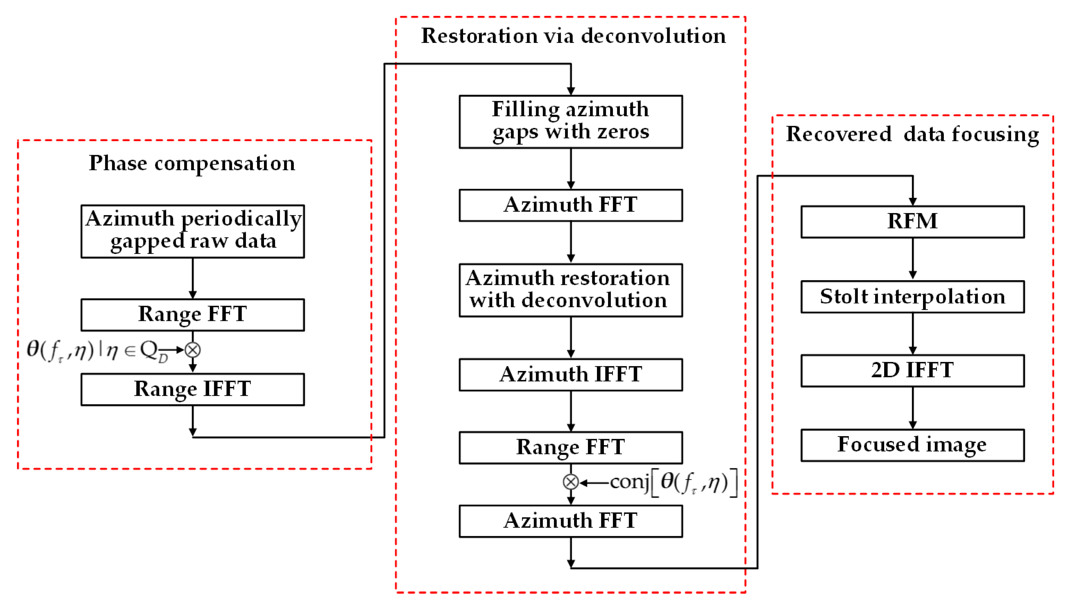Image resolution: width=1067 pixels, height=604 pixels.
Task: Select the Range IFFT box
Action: [192, 389]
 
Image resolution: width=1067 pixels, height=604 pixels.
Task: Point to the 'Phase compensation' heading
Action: [192, 163]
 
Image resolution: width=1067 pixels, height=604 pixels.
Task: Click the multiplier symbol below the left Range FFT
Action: [192, 350]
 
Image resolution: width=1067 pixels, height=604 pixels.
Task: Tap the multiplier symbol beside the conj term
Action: [570, 482]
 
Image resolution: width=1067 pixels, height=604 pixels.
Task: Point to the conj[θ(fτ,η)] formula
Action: [674, 482]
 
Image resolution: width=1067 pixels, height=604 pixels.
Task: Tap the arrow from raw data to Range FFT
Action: [192, 278]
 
